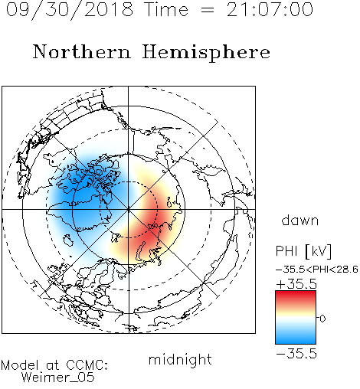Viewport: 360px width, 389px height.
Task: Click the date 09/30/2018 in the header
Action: pyautogui.click(x=70, y=10)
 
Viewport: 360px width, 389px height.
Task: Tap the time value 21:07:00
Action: pyautogui.click(x=270, y=10)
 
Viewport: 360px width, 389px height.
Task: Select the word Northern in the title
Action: pyautogui.click(x=82, y=51)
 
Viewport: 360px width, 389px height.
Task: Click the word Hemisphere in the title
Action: pyautogui.click(x=206, y=52)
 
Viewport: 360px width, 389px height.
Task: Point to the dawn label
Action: pyautogui.click(x=300, y=220)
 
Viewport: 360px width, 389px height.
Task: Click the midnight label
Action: pyautogui.click(x=180, y=359)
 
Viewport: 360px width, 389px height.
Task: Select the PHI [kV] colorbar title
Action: pyautogui.click(x=303, y=251)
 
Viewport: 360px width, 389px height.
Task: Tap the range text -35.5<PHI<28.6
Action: pyautogui.click(x=317, y=270)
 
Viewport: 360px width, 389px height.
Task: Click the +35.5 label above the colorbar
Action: pyautogui.click(x=296, y=284)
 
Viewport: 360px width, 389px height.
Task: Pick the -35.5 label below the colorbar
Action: pyautogui.click(x=296, y=354)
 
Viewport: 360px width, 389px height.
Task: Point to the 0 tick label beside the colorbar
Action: pyautogui.click(x=322, y=319)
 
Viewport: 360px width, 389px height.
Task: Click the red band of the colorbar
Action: pyautogui.click(x=296, y=297)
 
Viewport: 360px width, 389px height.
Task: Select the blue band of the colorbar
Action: pyautogui.click(x=296, y=337)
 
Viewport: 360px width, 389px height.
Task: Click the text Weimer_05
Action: pyautogui.click(x=58, y=378)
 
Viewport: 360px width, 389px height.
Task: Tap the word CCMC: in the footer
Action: pyautogui.click(x=87, y=365)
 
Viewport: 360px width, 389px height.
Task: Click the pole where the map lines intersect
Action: pyautogui.click(x=129, y=209)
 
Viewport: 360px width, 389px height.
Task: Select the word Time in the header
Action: pyautogui.click(x=166, y=10)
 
